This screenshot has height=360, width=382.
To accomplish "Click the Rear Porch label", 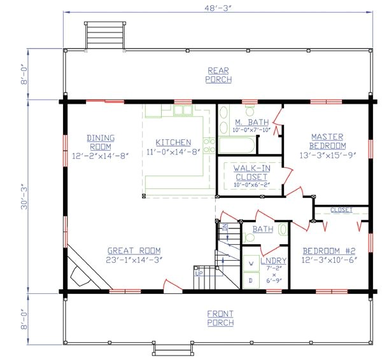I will [x=218, y=75].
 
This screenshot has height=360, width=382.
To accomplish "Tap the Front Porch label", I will [x=220, y=318].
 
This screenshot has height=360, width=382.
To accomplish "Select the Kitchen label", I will [x=173, y=142].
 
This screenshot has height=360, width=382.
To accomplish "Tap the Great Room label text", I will [x=134, y=250].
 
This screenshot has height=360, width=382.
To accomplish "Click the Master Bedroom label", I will [x=327, y=141].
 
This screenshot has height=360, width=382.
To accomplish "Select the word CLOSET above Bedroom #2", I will [x=341, y=210].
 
